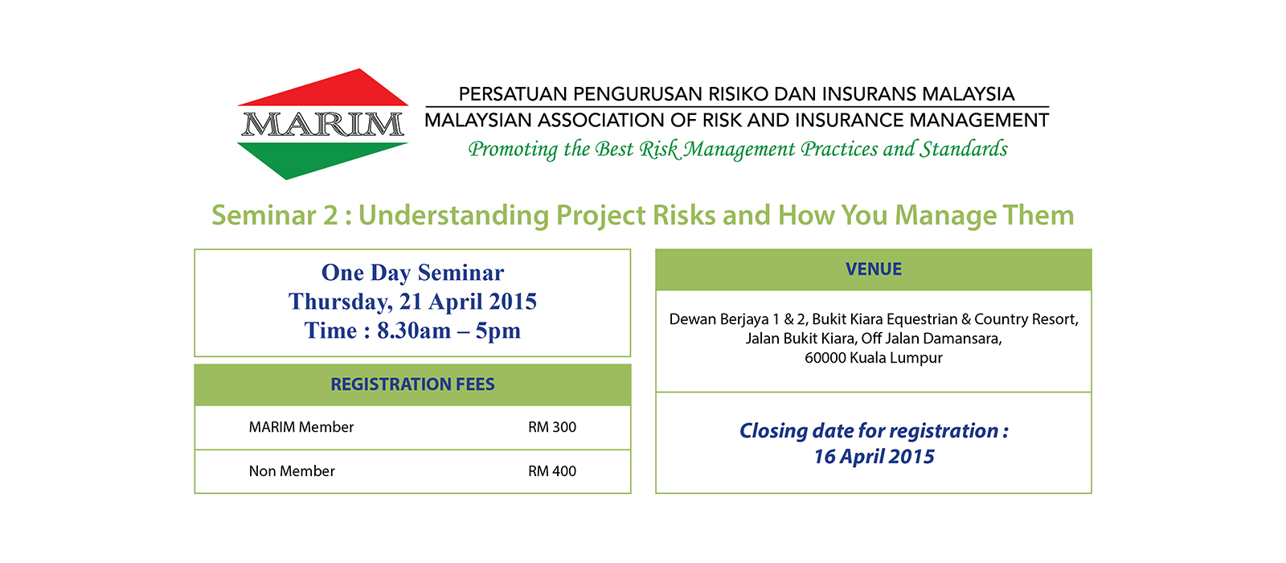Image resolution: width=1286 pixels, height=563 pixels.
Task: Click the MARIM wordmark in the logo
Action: pyautogui.click(x=322, y=125)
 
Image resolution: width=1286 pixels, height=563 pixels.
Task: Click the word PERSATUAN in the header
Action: pyautogui.click(x=512, y=93)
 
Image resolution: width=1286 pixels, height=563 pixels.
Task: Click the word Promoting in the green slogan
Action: pyautogui.click(x=513, y=150)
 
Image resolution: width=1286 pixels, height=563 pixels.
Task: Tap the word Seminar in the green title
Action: pyautogui.click(x=264, y=216)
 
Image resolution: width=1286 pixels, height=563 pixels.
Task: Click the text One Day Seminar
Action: pyautogui.click(x=412, y=273)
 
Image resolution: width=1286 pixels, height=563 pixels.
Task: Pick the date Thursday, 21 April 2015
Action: pyautogui.click(x=412, y=302)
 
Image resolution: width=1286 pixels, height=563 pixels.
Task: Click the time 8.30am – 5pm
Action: pyautogui.click(x=448, y=331)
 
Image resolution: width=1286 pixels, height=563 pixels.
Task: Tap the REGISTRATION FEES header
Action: pyautogui.click(x=412, y=384)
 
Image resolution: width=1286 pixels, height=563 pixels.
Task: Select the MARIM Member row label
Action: pyautogui.click(x=301, y=427)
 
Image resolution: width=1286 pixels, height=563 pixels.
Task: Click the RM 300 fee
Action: pyautogui.click(x=551, y=427)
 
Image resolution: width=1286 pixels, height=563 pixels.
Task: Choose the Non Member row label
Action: pyautogui.click(x=292, y=471)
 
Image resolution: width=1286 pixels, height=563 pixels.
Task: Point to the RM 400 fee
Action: pyautogui.click(x=551, y=471)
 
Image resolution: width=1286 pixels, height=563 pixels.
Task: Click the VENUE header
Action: pyautogui.click(x=873, y=269)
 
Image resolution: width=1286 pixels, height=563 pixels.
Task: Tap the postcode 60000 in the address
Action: pyautogui.click(x=825, y=358)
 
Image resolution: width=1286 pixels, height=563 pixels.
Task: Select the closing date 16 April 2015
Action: pyautogui.click(x=874, y=457)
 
